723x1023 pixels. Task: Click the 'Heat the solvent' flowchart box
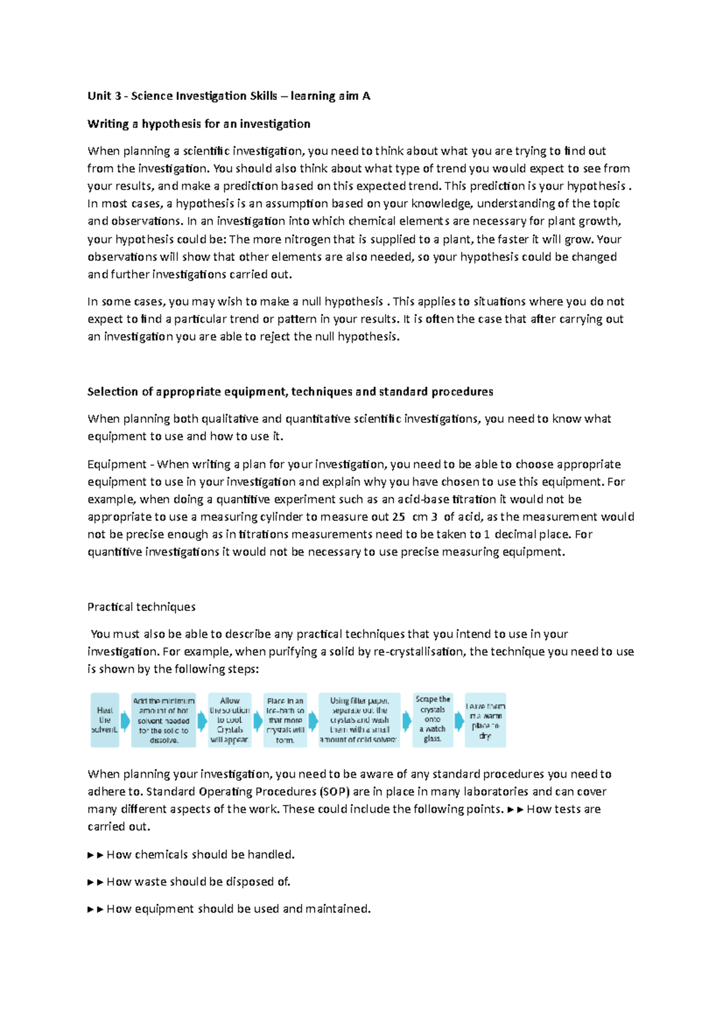pyautogui.click(x=105, y=720)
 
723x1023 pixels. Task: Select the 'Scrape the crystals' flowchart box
pyautogui.click(x=433, y=719)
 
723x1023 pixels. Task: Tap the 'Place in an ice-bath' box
pyautogui.click(x=285, y=720)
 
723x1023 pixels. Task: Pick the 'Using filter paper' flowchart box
pyautogui.click(x=359, y=720)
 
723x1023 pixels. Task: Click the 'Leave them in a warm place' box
pyautogui.click(x=485, y=720)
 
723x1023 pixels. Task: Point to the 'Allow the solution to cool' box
pyautogui.click(x=230, y=720)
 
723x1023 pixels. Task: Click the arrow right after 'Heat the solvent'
pyautogui.click(x=125, y=721)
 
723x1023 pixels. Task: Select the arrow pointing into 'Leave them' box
pyautogui.click(x=459, y=721)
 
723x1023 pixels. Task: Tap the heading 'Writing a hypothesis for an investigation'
pyautogui.click(x=199, y=124)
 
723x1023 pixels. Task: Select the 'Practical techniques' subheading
pyautogui.click(x=142, y=607)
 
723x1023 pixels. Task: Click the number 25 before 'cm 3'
pyautogui.click(x=398, y=517)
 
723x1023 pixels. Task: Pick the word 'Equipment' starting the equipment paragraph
pyautogui.click(x=117, y=465)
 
